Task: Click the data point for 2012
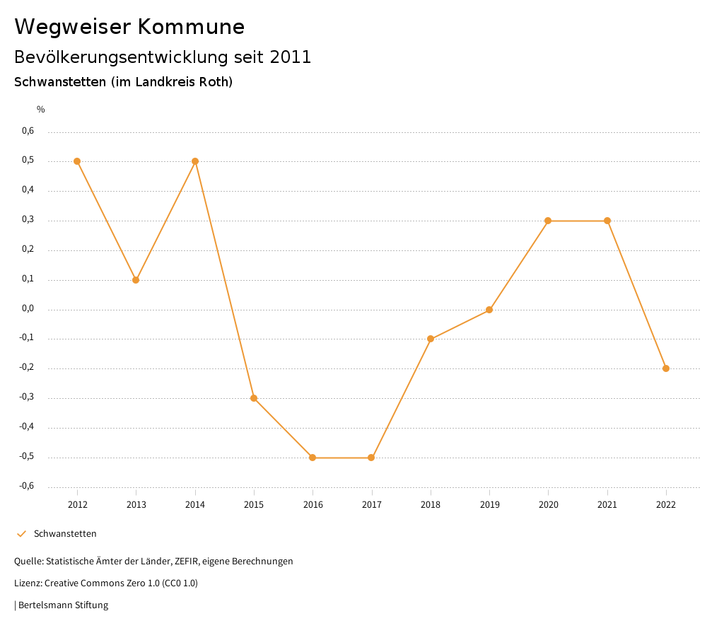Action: tap(77, 161)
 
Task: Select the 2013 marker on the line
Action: tap(136, 280)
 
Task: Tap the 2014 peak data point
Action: tap(195, 161)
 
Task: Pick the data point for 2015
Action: tap(254, 398)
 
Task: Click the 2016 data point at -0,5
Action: tap(313, 458)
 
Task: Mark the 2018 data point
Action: tap(431, 339)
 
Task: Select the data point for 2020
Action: tap(548, 221)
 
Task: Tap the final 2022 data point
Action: tap(666, 368)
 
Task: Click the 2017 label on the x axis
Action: tap(372, 505)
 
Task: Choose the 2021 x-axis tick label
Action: tap(607, 505)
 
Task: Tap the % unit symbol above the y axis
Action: tap(41, 110)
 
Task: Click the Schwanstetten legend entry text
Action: tap(65, 534)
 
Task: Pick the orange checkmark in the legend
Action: tap(21, 534)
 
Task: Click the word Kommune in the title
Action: tap(192, 27)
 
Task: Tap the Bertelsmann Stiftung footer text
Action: tap(63, 605)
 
